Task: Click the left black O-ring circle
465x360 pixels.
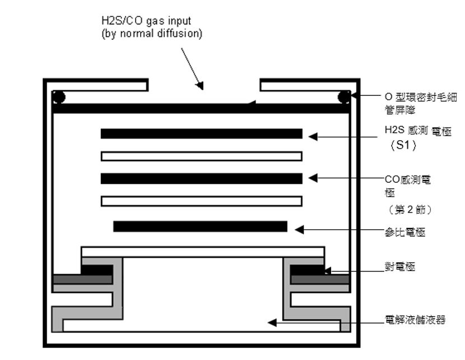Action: click(59, 97)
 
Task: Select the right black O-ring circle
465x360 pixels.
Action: click(344, 97)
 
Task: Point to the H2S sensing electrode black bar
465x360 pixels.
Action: click(201, 133)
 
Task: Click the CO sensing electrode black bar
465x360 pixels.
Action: click(201, 178)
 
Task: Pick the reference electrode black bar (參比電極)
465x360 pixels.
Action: click(200, 227)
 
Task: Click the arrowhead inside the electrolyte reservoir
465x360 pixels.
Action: click(272, 322)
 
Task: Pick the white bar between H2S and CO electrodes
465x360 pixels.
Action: click(201, 156)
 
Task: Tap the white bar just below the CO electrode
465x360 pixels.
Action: click(201, 201)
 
